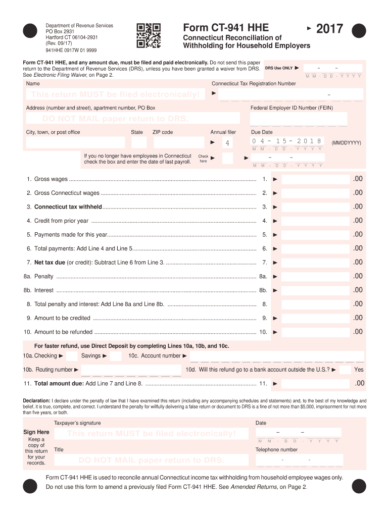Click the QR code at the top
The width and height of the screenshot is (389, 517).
pos(149,35)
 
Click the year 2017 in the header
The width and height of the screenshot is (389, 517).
pos(329,29)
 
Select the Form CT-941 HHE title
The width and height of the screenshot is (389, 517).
pos(226,28)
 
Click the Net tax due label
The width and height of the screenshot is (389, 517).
pos(50,263)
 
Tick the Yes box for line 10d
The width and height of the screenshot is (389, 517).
pos(345,370)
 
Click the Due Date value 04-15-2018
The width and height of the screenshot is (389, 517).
pos(286,141)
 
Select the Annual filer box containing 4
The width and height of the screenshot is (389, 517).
pos(227,143)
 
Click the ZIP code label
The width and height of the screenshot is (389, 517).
pos(163,132)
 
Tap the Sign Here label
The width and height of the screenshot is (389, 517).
pos(36,432)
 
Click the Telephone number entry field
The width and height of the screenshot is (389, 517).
pos(299,460)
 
